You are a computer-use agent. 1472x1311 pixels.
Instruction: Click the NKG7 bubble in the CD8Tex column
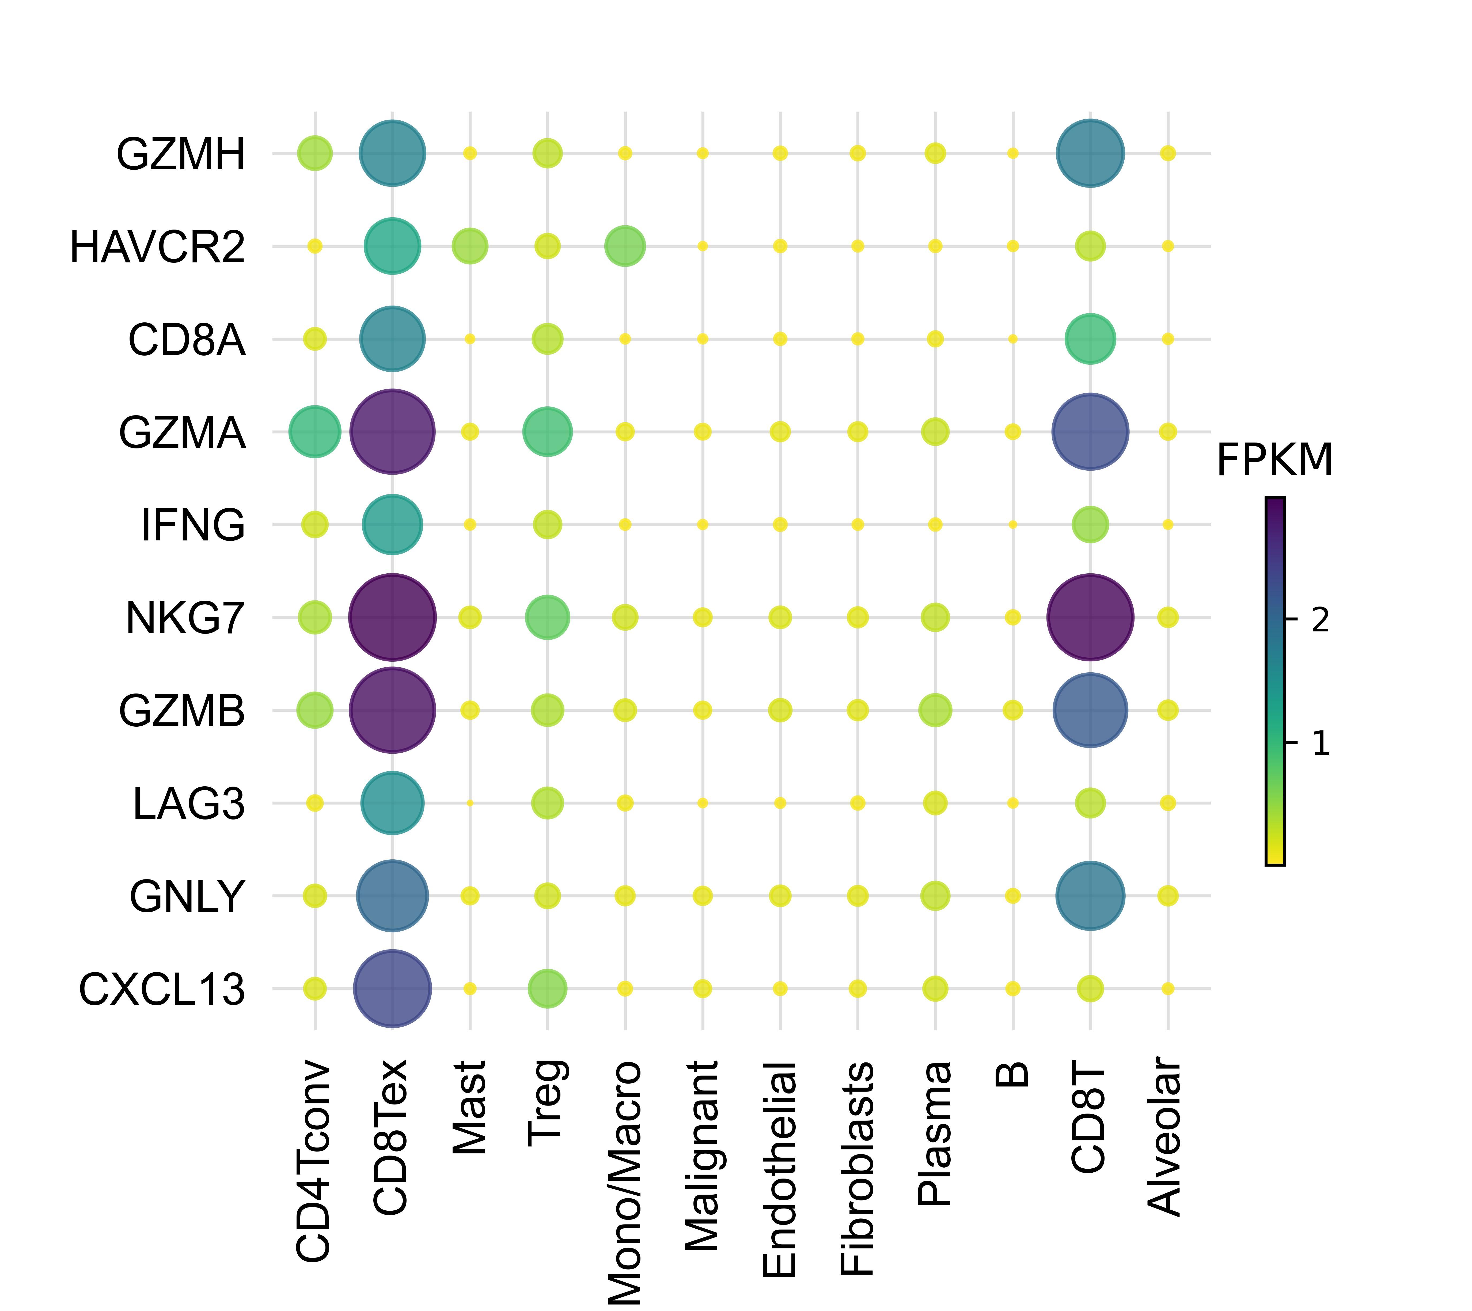[392, 617]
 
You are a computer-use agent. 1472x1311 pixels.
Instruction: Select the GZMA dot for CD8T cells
[1090, 432]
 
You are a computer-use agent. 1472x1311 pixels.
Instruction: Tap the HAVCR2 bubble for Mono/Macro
[625, 246]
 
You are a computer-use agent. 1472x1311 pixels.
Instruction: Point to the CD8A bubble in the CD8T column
[1090, 338]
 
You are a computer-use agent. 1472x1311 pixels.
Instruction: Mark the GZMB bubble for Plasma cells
[935, 710]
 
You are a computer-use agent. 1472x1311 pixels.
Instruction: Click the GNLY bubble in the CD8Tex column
[392, 895]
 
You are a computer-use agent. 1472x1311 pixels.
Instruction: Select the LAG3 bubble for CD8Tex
[392, 802]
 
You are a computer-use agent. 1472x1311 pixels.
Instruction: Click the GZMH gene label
[181, 154]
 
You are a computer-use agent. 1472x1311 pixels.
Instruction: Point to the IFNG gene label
[193, 525]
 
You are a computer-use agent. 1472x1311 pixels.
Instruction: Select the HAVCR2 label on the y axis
[158, 247]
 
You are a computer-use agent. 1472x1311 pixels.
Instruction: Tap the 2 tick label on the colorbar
[1320, 619]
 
